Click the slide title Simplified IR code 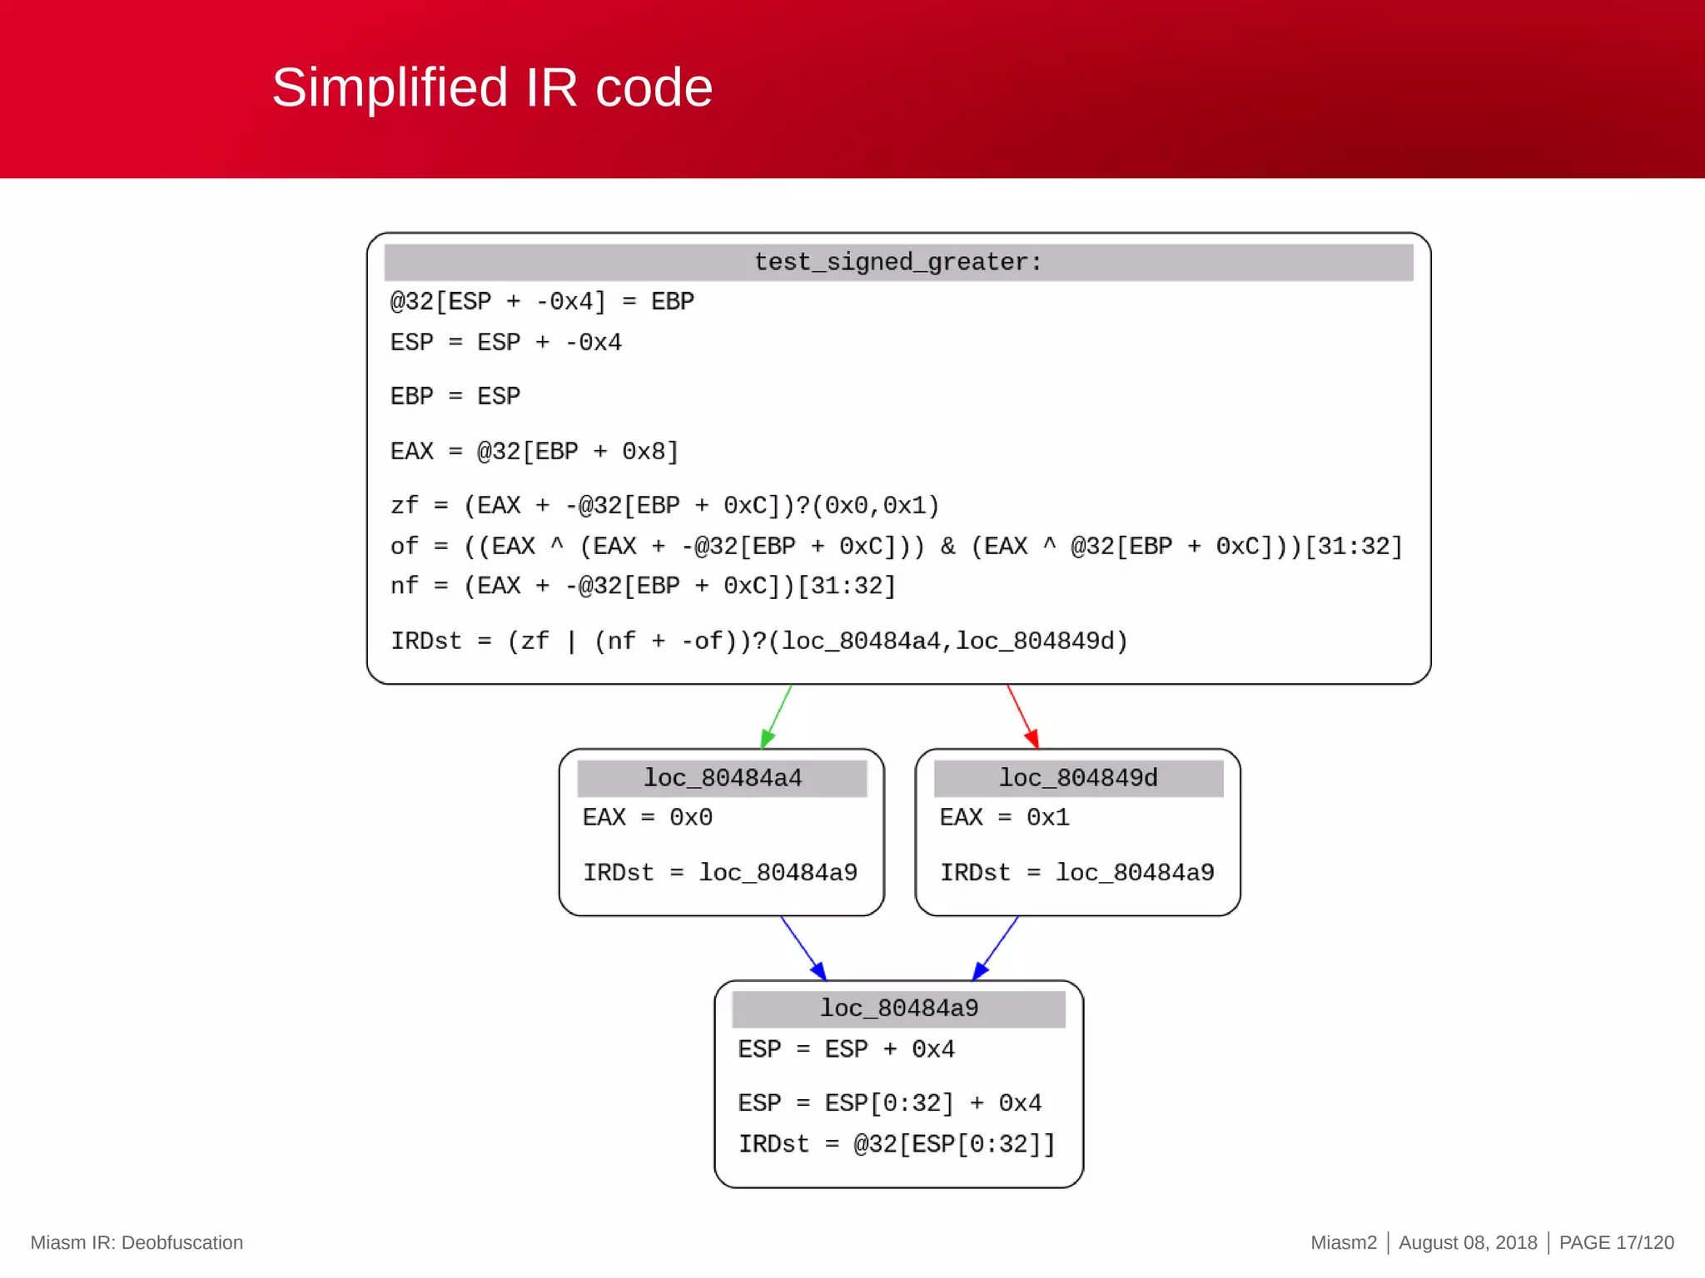[x=492, y=87]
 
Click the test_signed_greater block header [x=897, y=262]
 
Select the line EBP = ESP [x=455, y=396]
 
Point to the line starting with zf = [x=664, y=505]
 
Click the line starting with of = [x=896, y=546]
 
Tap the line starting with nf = [x=643, y=586]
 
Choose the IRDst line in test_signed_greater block [x=758, y=641]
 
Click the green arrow [x=776, y=716]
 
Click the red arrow [x=1022, y=716]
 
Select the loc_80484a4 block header [x=722, y=778]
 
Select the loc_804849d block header [x=1078, y=778]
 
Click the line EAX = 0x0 [x=647, y=817]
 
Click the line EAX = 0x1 [x=1004, y=817]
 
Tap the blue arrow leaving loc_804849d [x=996, y=948]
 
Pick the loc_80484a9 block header [x=898, y=1008]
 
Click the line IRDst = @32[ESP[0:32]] [x=897, y=1144]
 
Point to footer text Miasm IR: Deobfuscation [x=137, y=1242]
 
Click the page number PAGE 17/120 [x=1616, y=1242]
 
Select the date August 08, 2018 [x=1468, y=1242]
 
